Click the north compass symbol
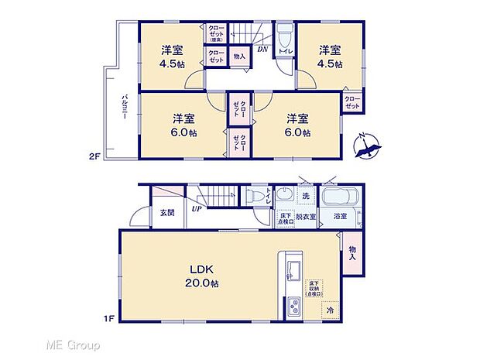pyautogui.click(x=368, y=146)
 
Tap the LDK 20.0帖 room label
pyautogui.click(x=201, y=276)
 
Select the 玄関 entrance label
pyautogui.click(x=167, y=211)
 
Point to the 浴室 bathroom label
pyautogui.click(x=340, y=217)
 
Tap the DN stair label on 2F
pyautogui.click(x=262, y=49)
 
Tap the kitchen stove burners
pyautogui.click(x=295, y=306)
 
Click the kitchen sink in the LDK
pyautogui.click(x=293, y=271)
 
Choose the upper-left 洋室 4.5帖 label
pyautogui.click(x=172, y=57)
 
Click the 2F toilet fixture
pyautogui.click(x=284, y=37)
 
